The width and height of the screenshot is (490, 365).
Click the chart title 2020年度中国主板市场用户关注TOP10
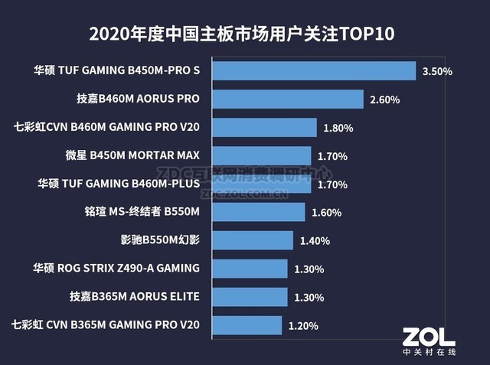tap(244, 34)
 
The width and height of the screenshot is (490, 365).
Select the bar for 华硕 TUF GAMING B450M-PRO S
tap(313, 71)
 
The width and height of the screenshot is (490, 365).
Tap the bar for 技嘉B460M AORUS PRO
tap(287, 99)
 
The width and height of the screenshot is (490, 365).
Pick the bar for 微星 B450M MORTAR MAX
tap(261, 156)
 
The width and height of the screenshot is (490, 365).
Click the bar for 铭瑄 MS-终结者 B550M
tap(258, 212)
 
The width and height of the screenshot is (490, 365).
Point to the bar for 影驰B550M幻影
tap(252, 240)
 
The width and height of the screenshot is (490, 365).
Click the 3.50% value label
tap(437, 72)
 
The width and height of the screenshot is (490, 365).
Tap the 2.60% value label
tap(384, 100)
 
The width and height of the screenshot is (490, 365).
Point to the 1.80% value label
tap(338, 128)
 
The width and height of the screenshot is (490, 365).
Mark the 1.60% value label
tap(326, 213)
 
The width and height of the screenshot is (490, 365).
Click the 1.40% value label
tap(315, 241)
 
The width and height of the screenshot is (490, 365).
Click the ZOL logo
tap(429, 334)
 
